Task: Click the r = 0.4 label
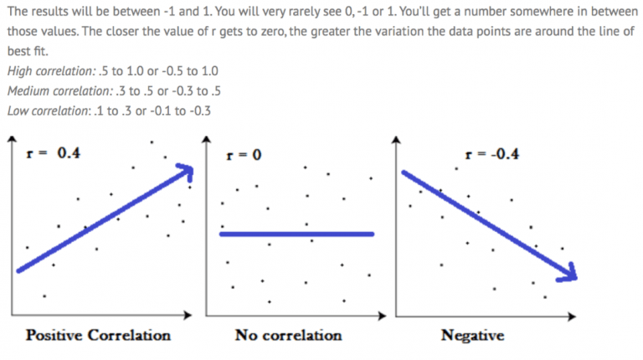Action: coord(51,153)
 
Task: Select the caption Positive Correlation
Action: coord(98,336)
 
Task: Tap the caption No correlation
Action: coord(288,336)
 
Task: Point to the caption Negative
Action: coord(472,336)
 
